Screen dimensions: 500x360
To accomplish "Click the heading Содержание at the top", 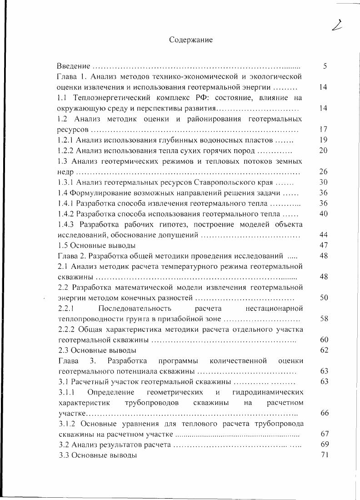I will click(191, 40).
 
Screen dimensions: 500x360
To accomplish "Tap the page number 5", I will click(325, 66).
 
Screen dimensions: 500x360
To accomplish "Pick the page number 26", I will click(324, 172).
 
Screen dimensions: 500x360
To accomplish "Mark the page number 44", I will click(324, 235).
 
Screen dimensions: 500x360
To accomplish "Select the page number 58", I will click(324, 319).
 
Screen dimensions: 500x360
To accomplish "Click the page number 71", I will click(324, 455).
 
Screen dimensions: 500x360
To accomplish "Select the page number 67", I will click(324, 434).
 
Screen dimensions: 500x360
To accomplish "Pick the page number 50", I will click(324, 298).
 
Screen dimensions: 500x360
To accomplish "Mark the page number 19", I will click(324, 140).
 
